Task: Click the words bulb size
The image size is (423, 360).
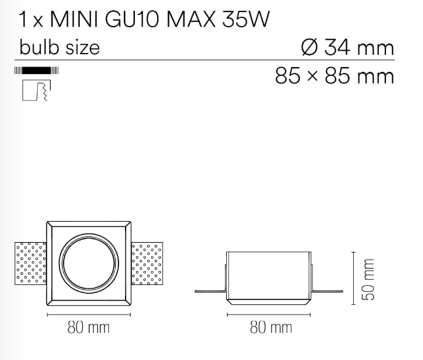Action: click(59, 47)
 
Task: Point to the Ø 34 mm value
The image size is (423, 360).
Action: click(347, 47)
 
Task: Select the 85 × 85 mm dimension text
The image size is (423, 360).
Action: click(335, 76)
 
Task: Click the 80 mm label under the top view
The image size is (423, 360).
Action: click(89, 327)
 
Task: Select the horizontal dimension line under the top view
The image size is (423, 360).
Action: click(89, 313)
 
